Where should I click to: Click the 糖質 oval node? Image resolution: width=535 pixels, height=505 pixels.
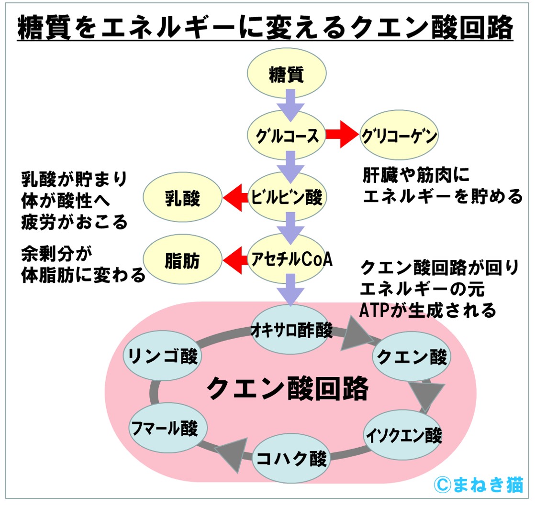click(287, 75)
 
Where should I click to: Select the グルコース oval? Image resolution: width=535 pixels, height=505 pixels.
click(287, 136)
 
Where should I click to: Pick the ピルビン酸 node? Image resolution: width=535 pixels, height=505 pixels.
click(287, 197)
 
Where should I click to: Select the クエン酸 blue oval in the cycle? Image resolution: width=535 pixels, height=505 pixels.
click(412, 356)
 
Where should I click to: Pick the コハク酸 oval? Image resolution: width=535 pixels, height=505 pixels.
click(291, 459)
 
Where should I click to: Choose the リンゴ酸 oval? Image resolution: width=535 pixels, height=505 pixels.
click(162, 356)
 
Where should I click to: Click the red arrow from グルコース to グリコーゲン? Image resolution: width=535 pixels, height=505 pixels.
click(342, 136)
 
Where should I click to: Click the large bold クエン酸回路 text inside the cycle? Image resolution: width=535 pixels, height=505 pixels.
click(287, 389)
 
